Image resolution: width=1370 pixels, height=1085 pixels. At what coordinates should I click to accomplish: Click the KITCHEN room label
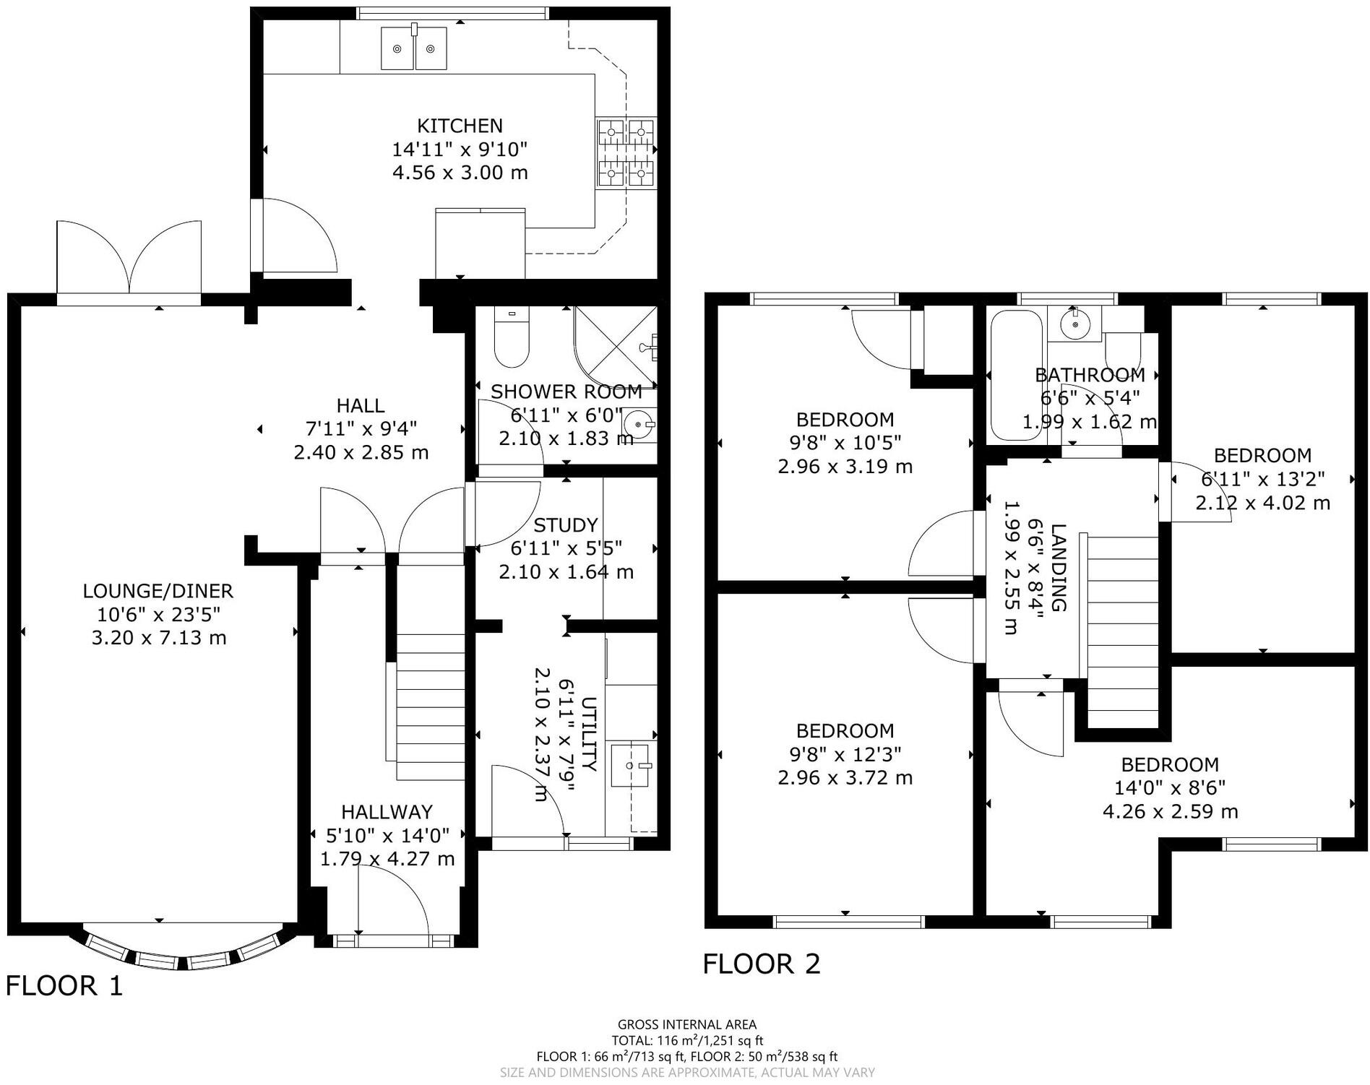tap(460, 126)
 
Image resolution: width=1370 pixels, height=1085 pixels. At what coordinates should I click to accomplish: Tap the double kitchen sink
tap(413, 48)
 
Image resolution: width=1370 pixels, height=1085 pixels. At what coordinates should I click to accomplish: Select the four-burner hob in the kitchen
tap(626, 152)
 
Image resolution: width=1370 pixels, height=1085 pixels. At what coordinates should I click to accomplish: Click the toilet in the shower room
tap(512, 337)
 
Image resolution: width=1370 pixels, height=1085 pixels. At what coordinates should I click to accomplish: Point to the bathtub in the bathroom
tap(1016, 375)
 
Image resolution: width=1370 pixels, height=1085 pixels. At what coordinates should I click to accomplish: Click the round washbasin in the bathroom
tap(1076, 324)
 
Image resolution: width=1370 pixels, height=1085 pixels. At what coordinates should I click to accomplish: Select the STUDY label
tap(565, 525)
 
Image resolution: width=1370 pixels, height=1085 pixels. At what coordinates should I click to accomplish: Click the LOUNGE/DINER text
tap(158, 591)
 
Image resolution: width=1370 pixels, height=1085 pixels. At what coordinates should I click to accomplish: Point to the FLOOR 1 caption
tap(65, 985)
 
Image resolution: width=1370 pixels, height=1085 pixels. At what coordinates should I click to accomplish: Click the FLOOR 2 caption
tap(762, 964)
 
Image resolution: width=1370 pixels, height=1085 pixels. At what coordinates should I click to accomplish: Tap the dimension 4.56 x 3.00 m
tap(460, 173)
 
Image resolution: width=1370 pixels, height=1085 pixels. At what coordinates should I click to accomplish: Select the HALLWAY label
tap(387, 812)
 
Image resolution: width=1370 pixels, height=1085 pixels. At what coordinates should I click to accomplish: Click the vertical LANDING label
tap(1058, 568)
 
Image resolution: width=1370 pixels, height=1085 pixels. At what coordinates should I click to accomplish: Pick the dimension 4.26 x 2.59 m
tap(1170, 811)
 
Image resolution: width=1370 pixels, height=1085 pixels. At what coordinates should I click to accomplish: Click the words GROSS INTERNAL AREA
tap(687, 1024)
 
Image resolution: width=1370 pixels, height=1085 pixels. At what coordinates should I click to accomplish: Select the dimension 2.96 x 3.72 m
tap(845, 778)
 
